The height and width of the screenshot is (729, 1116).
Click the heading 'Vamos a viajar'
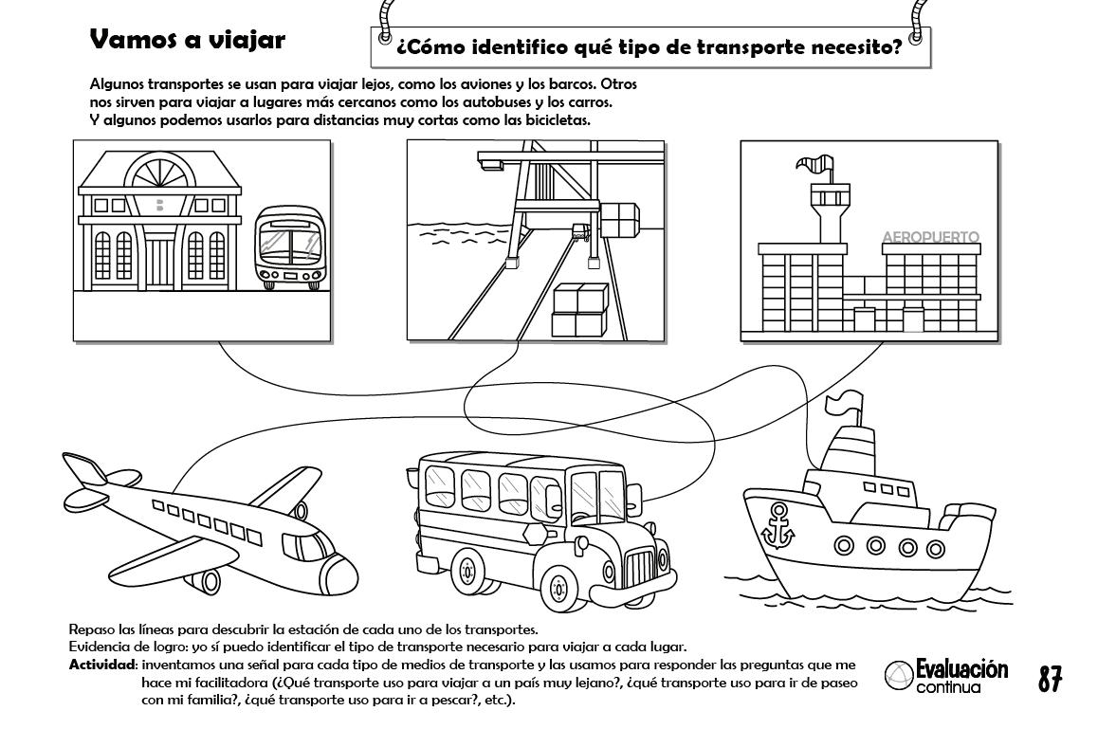click(187, 40)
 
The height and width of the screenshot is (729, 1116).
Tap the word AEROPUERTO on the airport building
click(930, 237)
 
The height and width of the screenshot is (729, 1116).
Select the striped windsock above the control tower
click(814, 167)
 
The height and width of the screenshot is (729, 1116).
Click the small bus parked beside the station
click(291, 246)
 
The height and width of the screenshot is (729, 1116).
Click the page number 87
click(1049, 679)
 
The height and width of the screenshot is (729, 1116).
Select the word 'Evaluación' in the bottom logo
click(961, 669)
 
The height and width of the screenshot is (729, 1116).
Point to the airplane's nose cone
click(338, 572)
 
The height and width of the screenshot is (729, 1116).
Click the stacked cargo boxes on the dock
click(578, 309)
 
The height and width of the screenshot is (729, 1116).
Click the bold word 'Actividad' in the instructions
click(103, 665)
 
